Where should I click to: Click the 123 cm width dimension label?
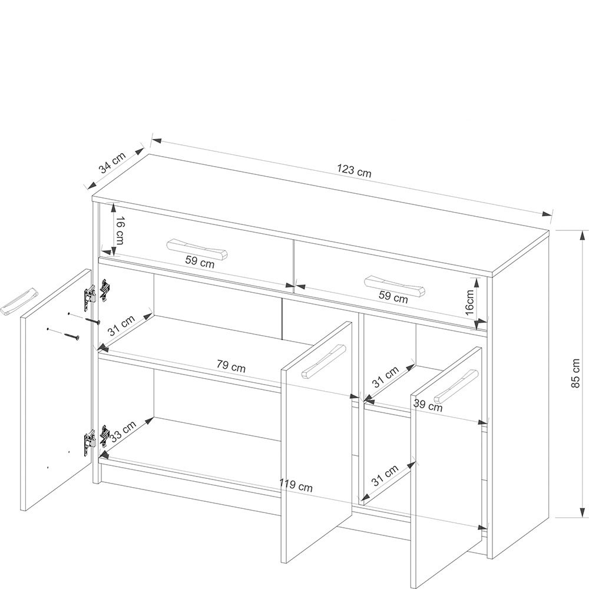pyautogui.click(x=354, y=171)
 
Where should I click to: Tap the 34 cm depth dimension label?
pyautogui.click(x=112, y=162)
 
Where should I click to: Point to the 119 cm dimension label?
pyautogui.click(x=296, y=487)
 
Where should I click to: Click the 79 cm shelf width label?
pyautogui.click(x=231, y=366)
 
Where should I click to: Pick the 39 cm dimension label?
pyautogui.click(x=428, y=405)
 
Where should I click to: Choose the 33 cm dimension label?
pyautogui.click(x=123, y=432)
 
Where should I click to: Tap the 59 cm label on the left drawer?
pyautogui.click(x=200, y=263)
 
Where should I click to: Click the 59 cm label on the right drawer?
pyautogui.click(x=393, y=297)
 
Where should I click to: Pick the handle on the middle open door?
pyautogui.click(x=323, y=360)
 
